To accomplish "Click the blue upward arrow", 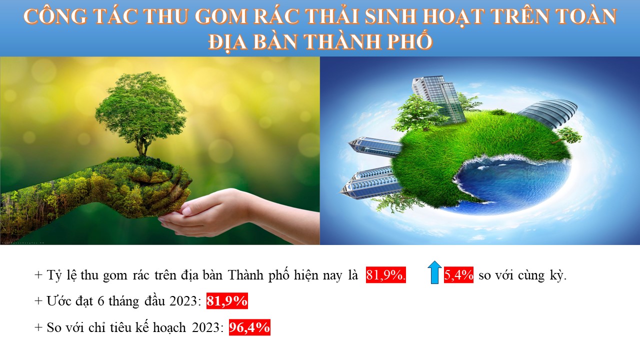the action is click(434, 272).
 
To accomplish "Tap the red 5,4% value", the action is click(458, 275).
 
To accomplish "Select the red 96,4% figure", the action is click(249, 327).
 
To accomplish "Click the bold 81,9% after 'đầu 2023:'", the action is click(227, 301).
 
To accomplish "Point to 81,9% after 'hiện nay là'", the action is click(385, 275).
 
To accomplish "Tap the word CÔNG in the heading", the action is click(55, 16).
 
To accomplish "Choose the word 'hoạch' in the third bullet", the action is click(169, 327).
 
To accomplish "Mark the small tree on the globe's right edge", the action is click(568, 135).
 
